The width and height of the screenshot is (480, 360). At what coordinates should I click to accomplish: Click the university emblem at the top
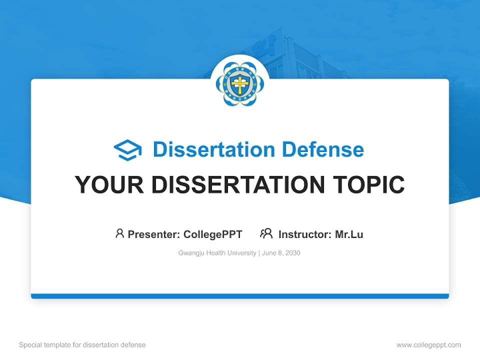click(240, 84)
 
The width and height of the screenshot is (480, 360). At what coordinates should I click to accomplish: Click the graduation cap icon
click(127, 149)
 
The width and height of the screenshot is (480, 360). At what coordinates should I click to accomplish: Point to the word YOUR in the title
click(110, 185)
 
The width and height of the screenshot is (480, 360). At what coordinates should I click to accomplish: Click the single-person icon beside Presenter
click(119, 233)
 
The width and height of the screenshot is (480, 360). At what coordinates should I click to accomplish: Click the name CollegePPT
click(213, 234)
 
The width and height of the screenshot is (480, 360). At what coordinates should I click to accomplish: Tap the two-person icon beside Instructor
click(266, 233)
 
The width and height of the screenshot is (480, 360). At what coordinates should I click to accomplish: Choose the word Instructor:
click(304, 234)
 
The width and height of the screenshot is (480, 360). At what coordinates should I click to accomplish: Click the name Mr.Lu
click(349, 234)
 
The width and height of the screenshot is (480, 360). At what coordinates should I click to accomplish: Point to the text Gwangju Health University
click(217, 253)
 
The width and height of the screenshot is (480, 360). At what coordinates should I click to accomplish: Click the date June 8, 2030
click(281, 253)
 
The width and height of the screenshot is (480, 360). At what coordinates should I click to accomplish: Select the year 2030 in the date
click(292, 253)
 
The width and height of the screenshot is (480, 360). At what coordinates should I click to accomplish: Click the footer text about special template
click(82, 345)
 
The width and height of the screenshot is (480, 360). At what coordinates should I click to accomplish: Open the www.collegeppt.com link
click(428, 345)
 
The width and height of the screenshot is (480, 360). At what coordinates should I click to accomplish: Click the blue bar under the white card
click(240, 296)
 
